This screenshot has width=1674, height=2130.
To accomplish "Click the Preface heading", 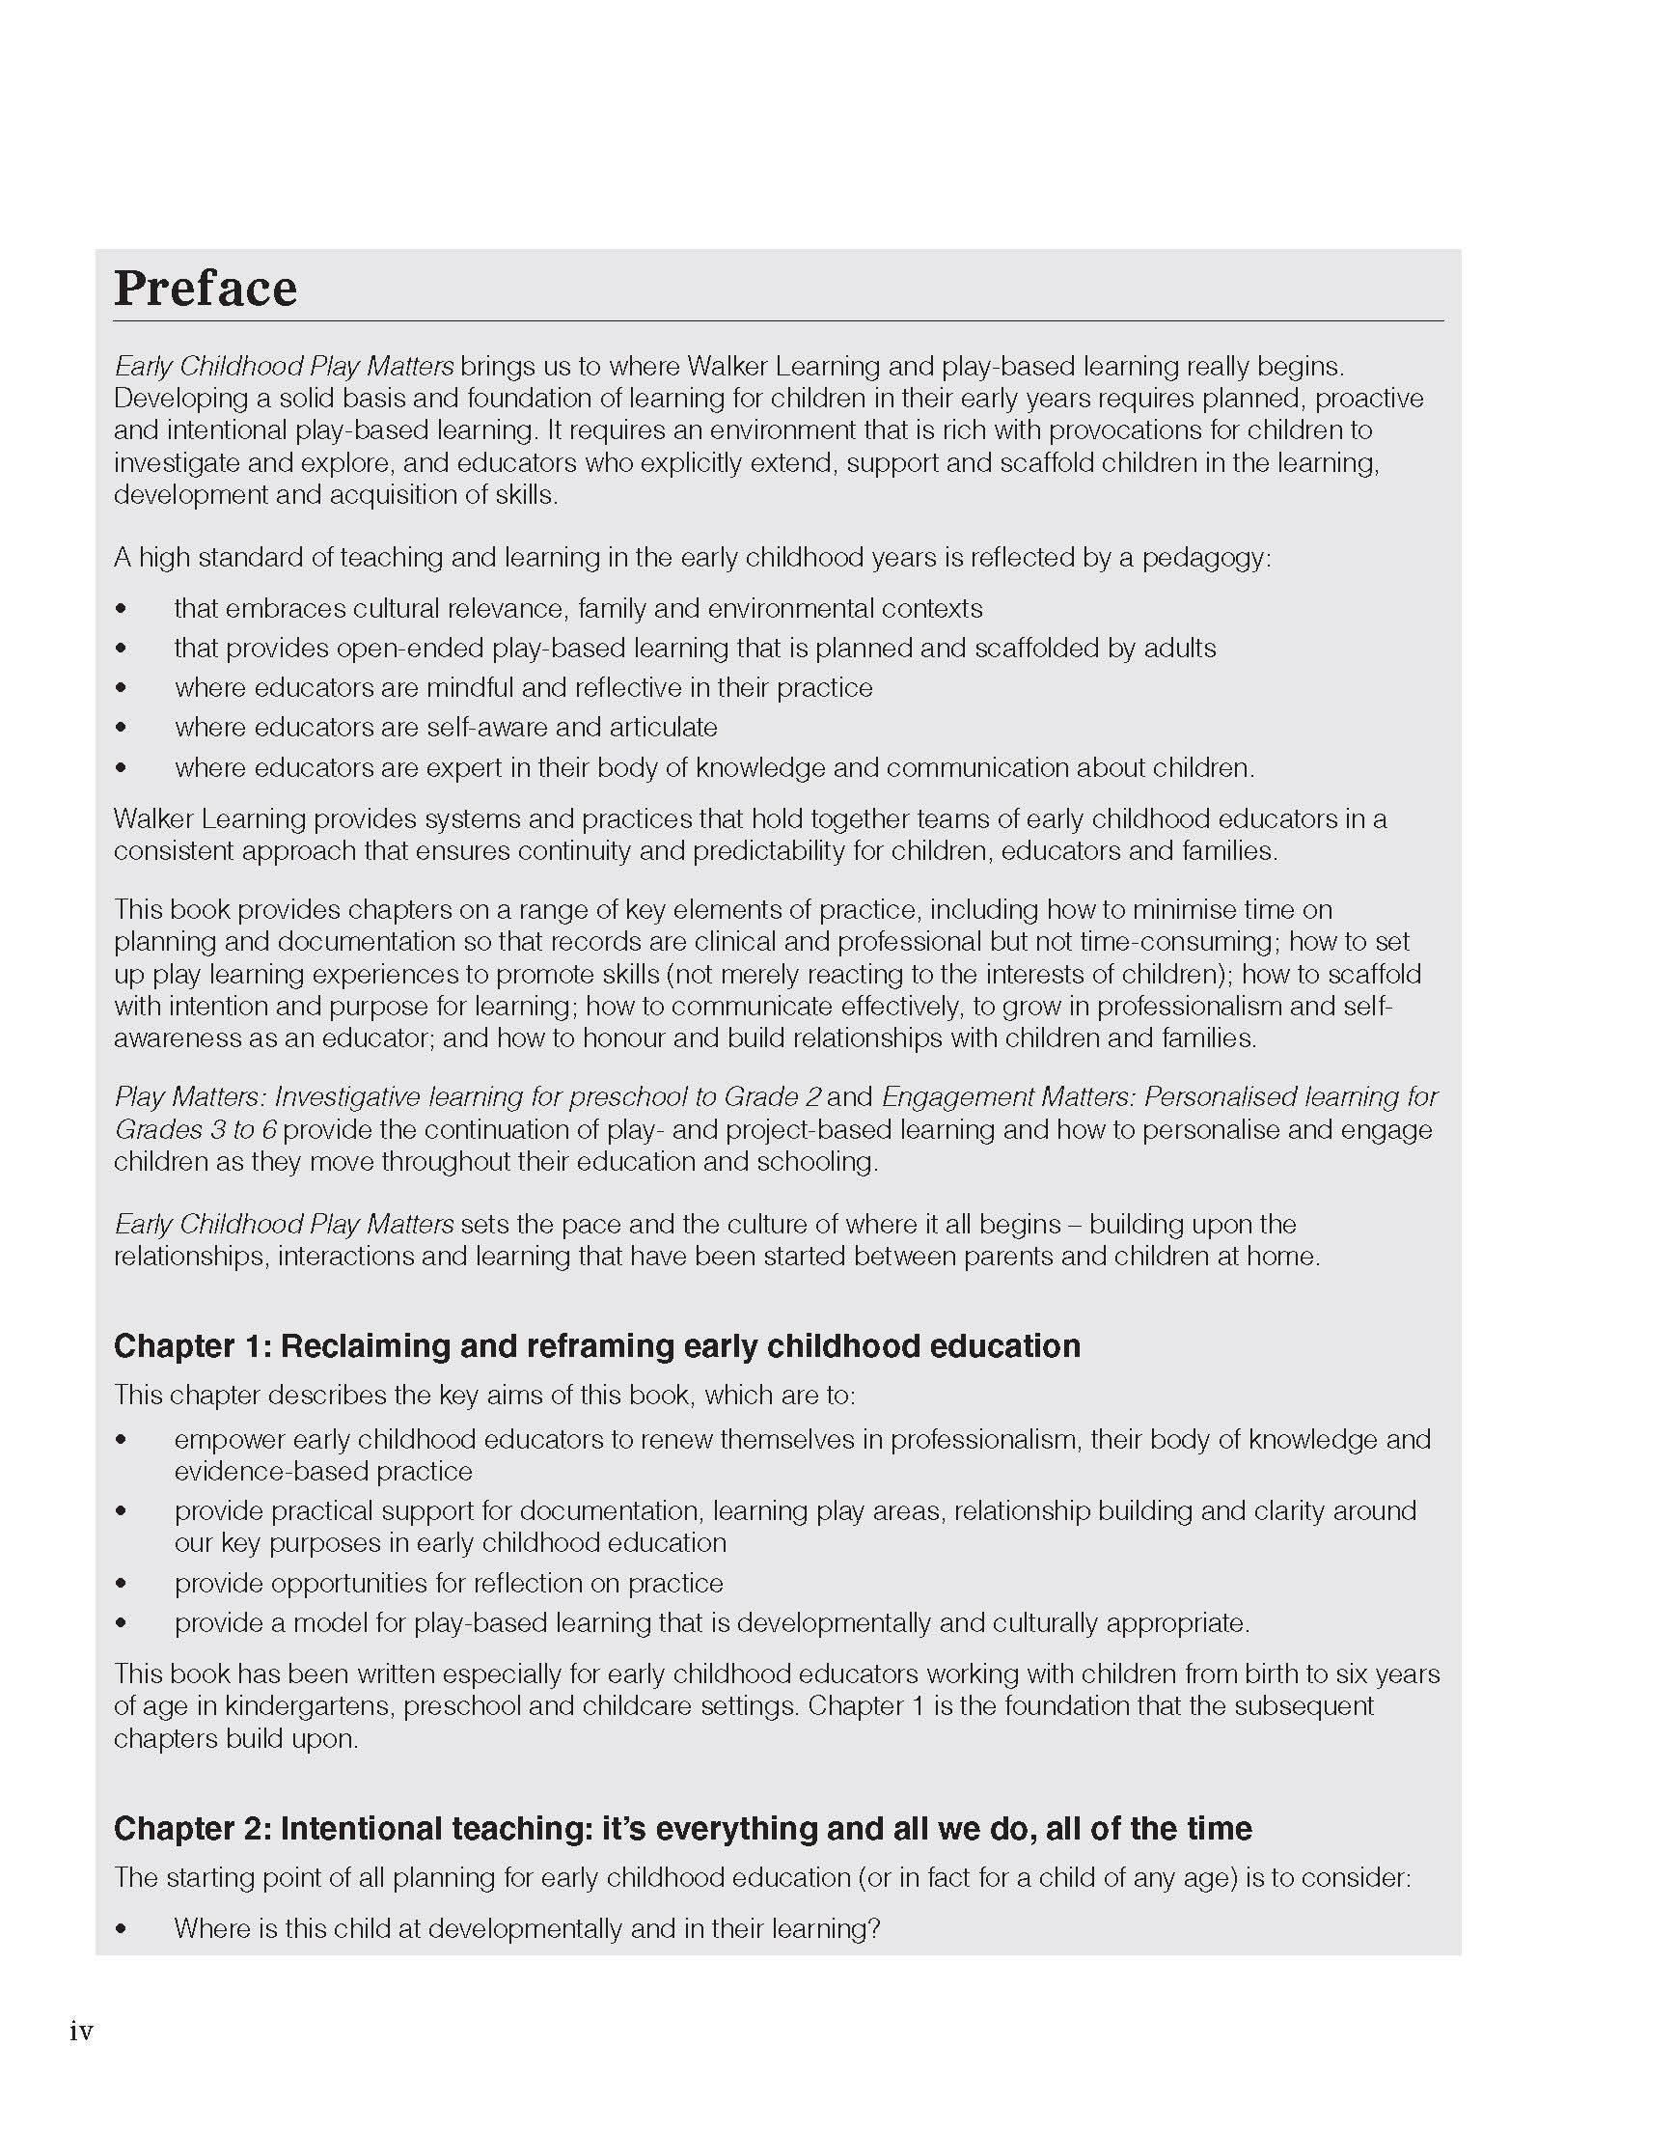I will click(205, 289).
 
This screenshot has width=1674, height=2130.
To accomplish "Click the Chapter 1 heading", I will click(597, 1345).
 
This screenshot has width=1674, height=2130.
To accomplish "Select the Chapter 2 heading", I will click(682, 1827).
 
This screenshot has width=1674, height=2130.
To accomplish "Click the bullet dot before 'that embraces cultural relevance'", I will click(121, 609).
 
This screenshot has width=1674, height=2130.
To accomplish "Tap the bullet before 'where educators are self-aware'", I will click(121, 728).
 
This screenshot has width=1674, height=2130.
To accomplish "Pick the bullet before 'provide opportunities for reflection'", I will click(121, 1583).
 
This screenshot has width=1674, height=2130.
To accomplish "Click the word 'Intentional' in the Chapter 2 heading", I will click(359, 1827).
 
